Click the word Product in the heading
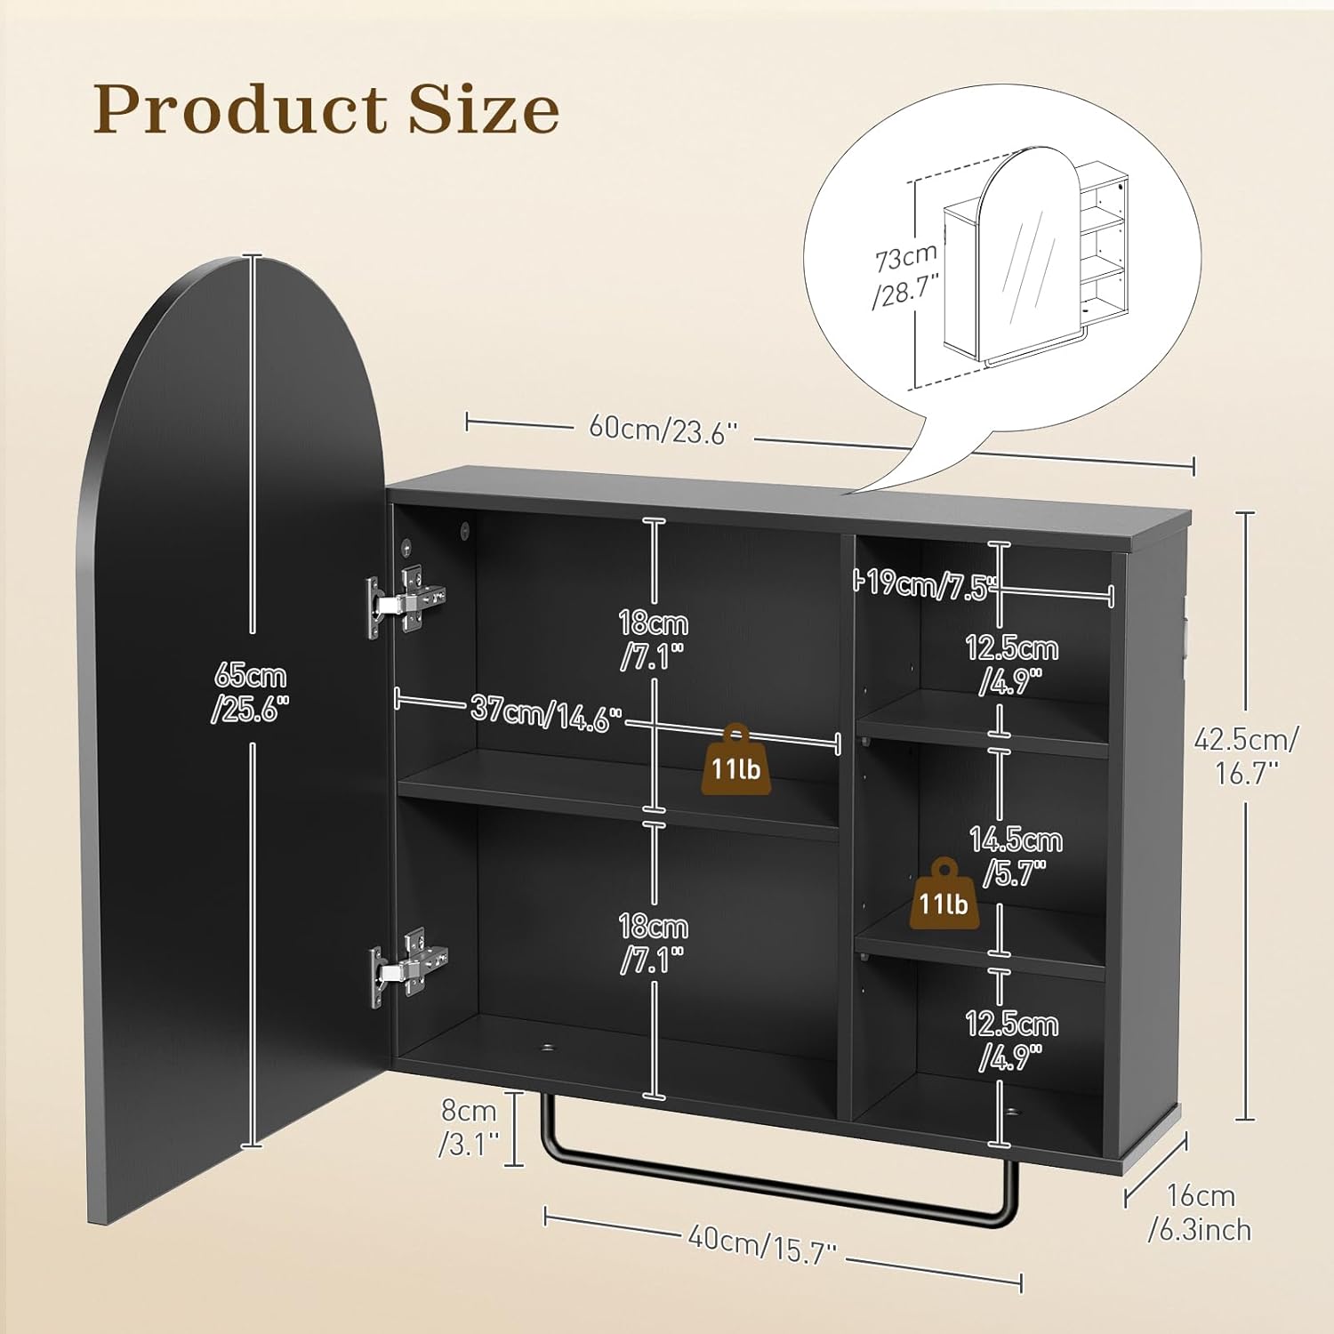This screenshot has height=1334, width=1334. (x=240, y=110)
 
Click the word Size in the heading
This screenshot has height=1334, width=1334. (x=484, y=110)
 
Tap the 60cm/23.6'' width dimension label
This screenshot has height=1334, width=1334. (x=663, y=430)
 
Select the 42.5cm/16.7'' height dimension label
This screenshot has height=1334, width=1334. (x=1246, y=755)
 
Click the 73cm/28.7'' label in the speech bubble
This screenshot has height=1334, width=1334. (x=905, y=275)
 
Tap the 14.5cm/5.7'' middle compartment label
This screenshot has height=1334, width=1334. (x=1015, y=856)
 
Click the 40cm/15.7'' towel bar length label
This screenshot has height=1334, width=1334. (x=762, y=1243)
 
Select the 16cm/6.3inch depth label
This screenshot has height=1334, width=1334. (x=1200, y=1212)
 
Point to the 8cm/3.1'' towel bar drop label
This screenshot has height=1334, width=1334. (x=470, y=1127)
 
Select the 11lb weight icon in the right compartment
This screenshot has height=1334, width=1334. (x=944, y=896)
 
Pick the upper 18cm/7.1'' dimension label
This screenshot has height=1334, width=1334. (x=653, y=639)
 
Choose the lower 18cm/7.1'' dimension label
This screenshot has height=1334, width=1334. (x=653, y=943)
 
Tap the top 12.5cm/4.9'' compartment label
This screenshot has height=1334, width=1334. (x=1011, y=663)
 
